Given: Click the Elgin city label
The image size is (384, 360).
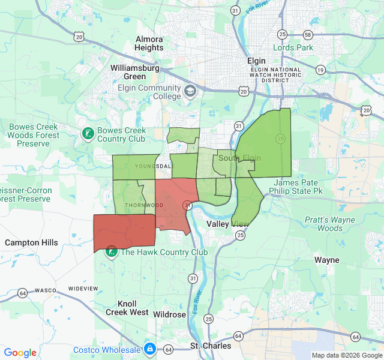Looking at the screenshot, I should (257, 61).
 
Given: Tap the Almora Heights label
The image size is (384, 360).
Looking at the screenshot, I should (149, 43).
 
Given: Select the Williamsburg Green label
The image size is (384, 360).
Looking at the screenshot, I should (134, 72).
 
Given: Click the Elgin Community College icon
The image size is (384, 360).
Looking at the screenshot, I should (190, 91).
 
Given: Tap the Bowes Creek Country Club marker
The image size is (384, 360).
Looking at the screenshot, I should (88, 133).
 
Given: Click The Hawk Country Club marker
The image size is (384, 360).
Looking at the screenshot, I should (112, 251).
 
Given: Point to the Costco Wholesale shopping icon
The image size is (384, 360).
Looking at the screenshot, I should (149, 349).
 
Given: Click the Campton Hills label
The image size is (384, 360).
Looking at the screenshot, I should (31, 242).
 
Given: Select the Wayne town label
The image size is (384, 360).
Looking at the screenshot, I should (327, 260).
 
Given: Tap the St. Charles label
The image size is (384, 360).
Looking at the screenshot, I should (211, 346).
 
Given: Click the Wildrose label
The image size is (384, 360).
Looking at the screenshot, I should (169, 314).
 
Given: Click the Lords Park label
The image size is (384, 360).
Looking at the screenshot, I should (293, 47).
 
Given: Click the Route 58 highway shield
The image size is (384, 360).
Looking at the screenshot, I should (308, 35).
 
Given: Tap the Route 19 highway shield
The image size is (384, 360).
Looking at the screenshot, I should (320, 70).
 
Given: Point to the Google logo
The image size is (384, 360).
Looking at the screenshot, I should (20, 353).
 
